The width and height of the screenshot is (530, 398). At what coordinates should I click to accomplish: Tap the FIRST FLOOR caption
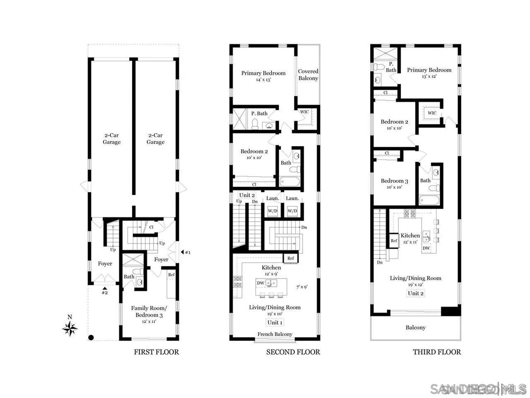156,352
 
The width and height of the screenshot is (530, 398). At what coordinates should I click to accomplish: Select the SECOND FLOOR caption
293,352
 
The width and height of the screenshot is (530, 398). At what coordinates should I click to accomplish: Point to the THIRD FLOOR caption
436,352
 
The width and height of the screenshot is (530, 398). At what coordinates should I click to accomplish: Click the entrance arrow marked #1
182,252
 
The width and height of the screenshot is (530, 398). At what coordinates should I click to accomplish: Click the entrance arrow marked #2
105,289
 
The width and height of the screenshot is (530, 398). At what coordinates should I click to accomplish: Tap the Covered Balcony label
308,75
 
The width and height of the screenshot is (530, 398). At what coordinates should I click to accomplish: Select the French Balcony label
275,334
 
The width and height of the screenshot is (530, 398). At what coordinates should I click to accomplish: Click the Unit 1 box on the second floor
275,323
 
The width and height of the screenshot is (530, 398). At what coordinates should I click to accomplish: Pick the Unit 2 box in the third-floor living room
415,293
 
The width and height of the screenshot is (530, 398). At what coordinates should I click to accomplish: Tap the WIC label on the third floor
432,113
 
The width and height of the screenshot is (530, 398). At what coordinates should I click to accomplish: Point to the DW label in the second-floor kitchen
260,283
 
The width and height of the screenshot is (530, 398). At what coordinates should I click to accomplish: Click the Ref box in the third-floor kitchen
394,241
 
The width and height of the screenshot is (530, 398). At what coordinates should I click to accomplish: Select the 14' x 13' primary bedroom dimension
263,80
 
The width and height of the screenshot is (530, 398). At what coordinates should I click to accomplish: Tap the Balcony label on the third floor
415,328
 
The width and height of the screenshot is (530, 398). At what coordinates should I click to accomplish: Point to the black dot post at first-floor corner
91,337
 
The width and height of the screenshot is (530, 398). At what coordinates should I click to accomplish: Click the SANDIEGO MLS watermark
478,389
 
